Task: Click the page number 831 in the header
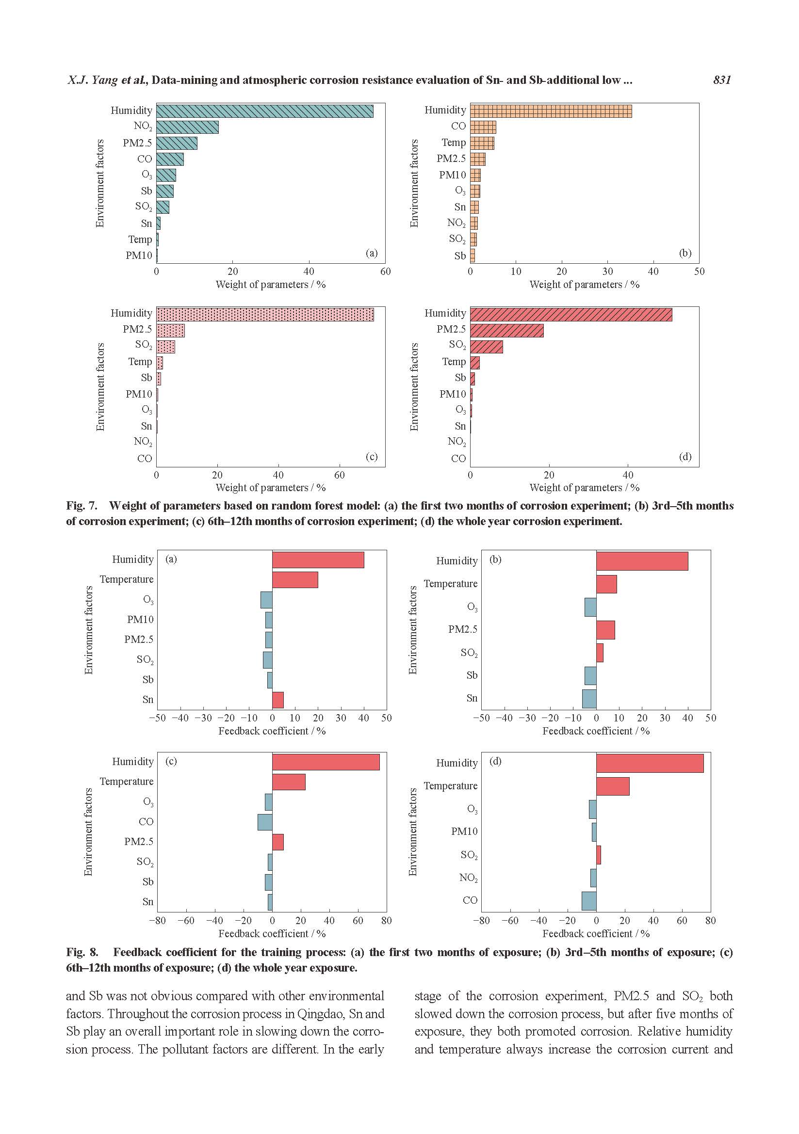(722, 80)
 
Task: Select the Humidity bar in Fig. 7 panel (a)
(264, 111)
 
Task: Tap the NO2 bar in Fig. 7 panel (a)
(187, 127)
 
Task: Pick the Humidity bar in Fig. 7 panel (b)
(551, 111)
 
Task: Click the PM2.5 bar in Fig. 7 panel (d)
(506, 331)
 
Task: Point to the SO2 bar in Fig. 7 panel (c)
(165, 347)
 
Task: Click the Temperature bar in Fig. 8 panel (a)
(294, 580)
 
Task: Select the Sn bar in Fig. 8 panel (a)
(277, 700)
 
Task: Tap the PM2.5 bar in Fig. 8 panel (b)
(605, 630)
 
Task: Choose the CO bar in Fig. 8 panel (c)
(265, 822)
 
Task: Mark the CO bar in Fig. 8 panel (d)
(588, 901)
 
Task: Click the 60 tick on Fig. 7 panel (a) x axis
(385, 271)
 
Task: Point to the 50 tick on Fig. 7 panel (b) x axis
(699, 271)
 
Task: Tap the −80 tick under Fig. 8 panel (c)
(157, 920)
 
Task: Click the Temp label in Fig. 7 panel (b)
(454, 143)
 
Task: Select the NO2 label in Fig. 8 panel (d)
(468, 878)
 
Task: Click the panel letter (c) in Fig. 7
(372, 457)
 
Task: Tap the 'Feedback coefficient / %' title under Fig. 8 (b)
(595, 731)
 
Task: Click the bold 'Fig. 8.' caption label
(82, 952)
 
